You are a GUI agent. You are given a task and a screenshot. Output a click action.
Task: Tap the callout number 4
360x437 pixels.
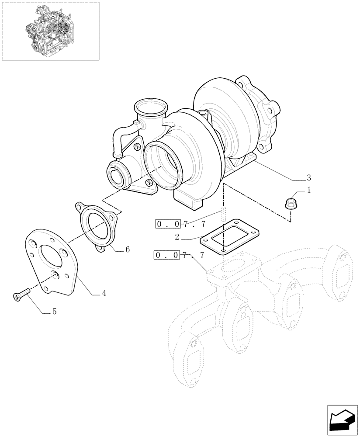click(104, 293)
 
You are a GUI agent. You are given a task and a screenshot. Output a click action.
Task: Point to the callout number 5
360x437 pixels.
click(54, 312)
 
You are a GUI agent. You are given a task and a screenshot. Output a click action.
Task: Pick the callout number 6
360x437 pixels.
click(127, 250)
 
